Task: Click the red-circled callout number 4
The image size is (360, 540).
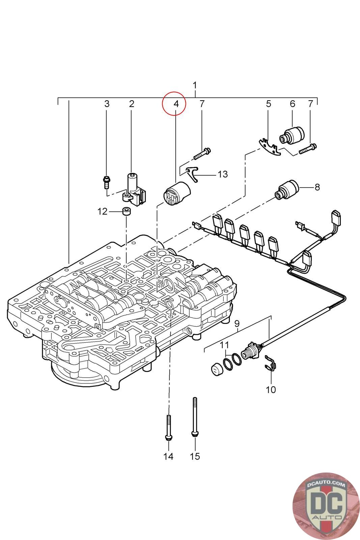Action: point(176,104)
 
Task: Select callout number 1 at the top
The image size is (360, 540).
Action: point(195,85)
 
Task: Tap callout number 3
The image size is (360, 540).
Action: point(107,104)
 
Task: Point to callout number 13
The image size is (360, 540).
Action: point(223,174)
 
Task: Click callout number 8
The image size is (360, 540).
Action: point(317,187)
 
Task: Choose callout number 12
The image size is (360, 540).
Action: point(102,212)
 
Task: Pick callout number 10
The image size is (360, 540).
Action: point(271,389)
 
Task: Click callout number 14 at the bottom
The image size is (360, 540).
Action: point(168,456)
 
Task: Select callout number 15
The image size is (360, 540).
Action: point(195,456)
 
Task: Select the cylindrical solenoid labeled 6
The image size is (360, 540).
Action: point(292,136)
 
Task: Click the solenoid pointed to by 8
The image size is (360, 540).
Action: point(286,189)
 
